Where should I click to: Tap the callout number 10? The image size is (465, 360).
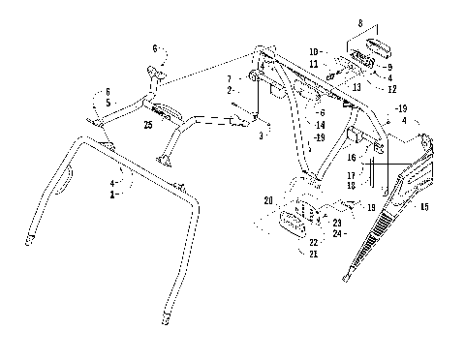pos(315,50)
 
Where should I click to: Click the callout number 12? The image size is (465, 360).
pos(390,89)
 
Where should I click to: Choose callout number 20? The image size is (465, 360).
pos(267,199)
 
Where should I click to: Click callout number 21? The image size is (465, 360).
pos(313,254)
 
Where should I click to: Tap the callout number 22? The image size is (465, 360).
pos(313,242)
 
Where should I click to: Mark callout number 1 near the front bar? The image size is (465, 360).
pos(113,195)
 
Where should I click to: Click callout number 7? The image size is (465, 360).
pos(228,77)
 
